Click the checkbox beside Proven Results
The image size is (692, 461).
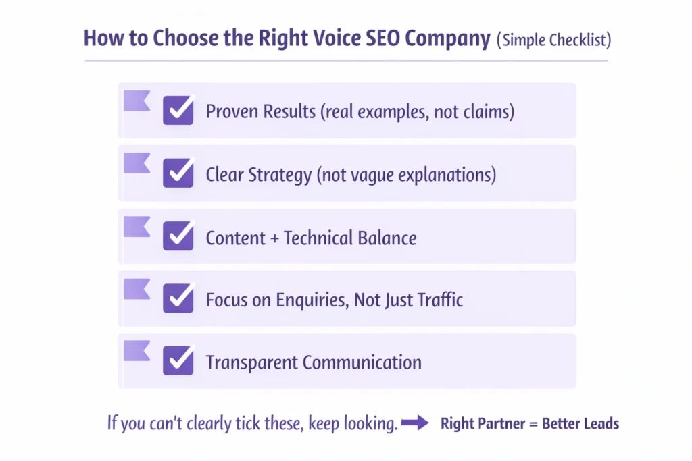pyautogui.click(x=178, y=110)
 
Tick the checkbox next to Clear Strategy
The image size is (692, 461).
pyautogui.click(x=178, y=173)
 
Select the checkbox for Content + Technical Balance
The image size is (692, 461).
pyautogui.click(x=178, y=236)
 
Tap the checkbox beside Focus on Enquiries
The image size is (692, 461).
pyautogui.click(x=178, y=298)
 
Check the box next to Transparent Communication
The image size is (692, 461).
pyautogui.click(x=178, y=360)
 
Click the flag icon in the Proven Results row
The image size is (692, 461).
pyautogui.click(x=137, y=101)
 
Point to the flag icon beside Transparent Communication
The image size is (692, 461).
pyautogui.click(x=137, y=351)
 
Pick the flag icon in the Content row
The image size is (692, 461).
pyautogui.click(x=137, y=226)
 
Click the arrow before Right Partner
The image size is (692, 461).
pyautogui.click(x=415, y=424)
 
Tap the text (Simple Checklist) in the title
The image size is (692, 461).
pyautogui.click(x=553, y=39)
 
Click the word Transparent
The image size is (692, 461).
pyautogui.click(x=251, y=362)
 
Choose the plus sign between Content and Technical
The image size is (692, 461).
pyautogui.click(x=271, y=238)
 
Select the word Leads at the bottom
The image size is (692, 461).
pyautogui.click(x=600, y=425)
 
